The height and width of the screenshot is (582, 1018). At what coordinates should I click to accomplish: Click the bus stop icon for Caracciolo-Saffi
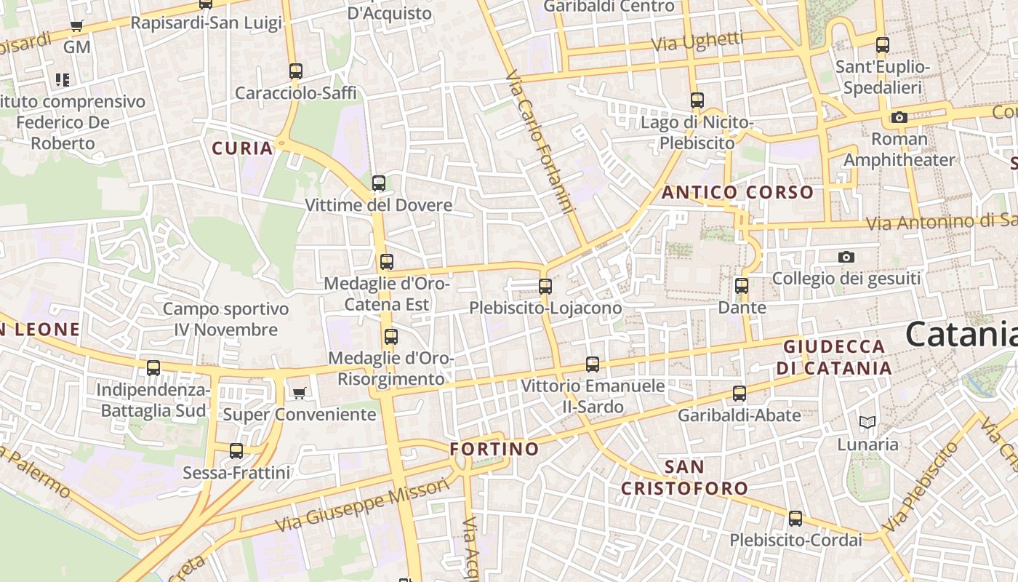click(x=295, y=71)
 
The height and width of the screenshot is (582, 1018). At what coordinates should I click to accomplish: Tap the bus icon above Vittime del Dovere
click(x=379, y=183)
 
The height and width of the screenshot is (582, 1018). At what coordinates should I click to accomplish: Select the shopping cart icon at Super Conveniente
click(x=298, y=394)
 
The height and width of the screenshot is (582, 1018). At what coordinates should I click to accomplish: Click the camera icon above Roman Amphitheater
click(x=899, y=117)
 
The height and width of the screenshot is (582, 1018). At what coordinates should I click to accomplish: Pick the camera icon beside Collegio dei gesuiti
click(x=846, y=257)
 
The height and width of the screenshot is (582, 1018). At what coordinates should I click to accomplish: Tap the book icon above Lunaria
click(x=867, y=422)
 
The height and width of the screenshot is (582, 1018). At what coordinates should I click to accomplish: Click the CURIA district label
click(x=243, y=148)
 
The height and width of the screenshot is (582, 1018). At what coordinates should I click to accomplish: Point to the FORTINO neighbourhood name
click(x=494, y=449)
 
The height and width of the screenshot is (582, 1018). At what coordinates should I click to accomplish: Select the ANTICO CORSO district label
click(x=737, y=193)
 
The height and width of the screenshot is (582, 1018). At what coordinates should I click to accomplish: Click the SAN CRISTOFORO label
click(x=684, y=477)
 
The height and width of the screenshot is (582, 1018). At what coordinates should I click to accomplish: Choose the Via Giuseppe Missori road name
click(x=364, y=505)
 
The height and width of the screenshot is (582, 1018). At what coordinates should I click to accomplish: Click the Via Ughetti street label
click(x=697, y=41)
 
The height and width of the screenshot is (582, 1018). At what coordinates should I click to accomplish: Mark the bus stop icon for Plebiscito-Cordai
click(x=795, y=519)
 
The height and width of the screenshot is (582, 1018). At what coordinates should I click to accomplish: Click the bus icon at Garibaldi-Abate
click(x=740, y=394)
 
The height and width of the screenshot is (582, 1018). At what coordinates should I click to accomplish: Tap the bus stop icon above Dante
click(x=742, y=286)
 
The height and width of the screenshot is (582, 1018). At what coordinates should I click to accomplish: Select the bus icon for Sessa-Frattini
click(x=236, y=451)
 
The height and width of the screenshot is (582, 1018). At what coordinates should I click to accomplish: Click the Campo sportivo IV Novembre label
click(x=225, y=319)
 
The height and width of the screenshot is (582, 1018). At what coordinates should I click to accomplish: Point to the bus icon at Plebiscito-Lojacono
click(x=545, y=287)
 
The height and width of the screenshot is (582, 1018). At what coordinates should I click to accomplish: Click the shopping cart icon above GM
click(x=76, y=26)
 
